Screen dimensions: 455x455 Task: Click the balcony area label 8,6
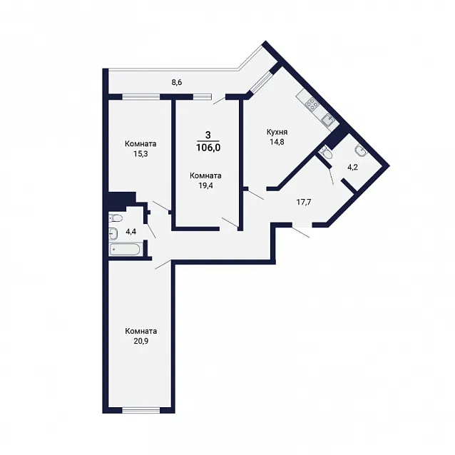pyautogui.click(x=176, y=83)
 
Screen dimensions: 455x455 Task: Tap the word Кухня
pyautogui.click(x=277, y=133)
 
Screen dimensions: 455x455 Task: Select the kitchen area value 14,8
pyautogui.click(x=277, y=142)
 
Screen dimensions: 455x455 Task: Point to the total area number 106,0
pyautogui.click(x=208, y=148)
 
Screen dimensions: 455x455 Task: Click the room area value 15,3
pyautogui.click(x=140, y=154)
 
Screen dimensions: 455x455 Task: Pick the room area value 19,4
pyautogui.click(x=205, y=185)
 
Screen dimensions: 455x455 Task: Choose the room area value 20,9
pyautogui.click(x=141, y=341)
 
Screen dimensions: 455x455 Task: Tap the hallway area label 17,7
pyautogui.click(x=304, y=202)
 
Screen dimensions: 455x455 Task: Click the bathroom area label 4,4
pyautogui.click(x=131, y=232)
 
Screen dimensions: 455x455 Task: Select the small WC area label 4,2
pyautogui.click(x=352, y=168)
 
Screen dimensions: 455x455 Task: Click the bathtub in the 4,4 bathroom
pyautogui.click(x=125, y=250)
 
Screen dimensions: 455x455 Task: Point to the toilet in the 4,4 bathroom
pyautogui.click(x=116, y=218)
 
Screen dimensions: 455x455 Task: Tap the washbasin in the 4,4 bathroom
pyautogui.click(x=113, y=233)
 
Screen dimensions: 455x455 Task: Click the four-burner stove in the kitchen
pyautogui.click(x=312, y=103)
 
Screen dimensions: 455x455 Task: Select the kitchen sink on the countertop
pyautogui.click(x=328, y=120)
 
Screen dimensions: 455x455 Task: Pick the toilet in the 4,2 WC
pyautogui.click(x=325, y=153)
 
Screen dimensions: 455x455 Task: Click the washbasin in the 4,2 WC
pyautogui.click(x=360, y=150)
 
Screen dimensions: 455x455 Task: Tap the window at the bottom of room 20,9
pyautogui.click(x=141, y=410)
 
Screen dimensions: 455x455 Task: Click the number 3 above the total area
pyautogui.click(x=208, y=135)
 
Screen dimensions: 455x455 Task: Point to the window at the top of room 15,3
pyautogui.click(x=141, y=97)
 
